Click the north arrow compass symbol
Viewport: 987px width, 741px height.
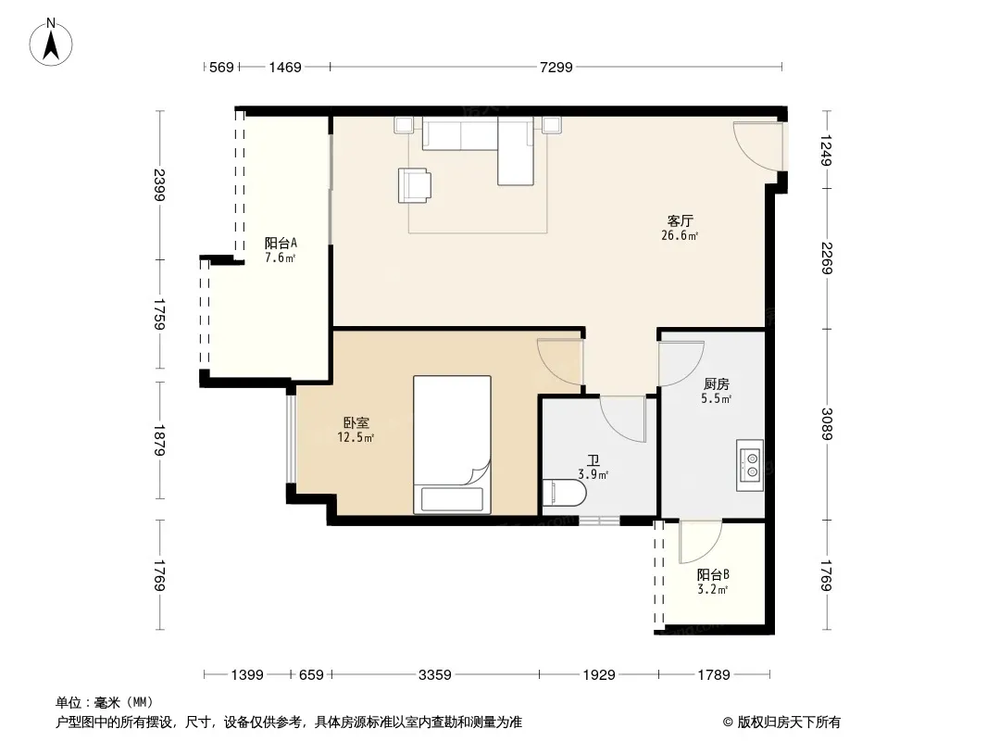point(51,43)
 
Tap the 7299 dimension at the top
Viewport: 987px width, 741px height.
point(556,67)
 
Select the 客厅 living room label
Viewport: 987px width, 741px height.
point(680,221)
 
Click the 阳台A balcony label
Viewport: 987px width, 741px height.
point(281,243)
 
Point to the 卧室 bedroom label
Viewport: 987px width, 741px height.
point(356,423)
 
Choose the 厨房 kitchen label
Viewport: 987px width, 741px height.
point(717,383)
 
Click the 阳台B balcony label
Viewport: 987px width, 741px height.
point(713,575)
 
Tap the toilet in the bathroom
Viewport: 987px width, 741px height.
point(564,493)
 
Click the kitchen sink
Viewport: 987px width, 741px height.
point(750,465)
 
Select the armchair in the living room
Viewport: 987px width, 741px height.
point(415,185)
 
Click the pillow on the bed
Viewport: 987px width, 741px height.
point(452,499)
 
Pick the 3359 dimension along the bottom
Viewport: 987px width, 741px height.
point(435,675)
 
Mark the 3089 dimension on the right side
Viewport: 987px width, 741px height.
point(827,424)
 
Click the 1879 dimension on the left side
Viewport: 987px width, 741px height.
point(159,441)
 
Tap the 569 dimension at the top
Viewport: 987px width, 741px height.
point(221,67)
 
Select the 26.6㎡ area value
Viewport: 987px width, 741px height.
point(680,236)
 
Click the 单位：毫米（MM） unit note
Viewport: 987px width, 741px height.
point(105,703)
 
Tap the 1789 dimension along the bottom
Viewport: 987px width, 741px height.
point(714,675)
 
